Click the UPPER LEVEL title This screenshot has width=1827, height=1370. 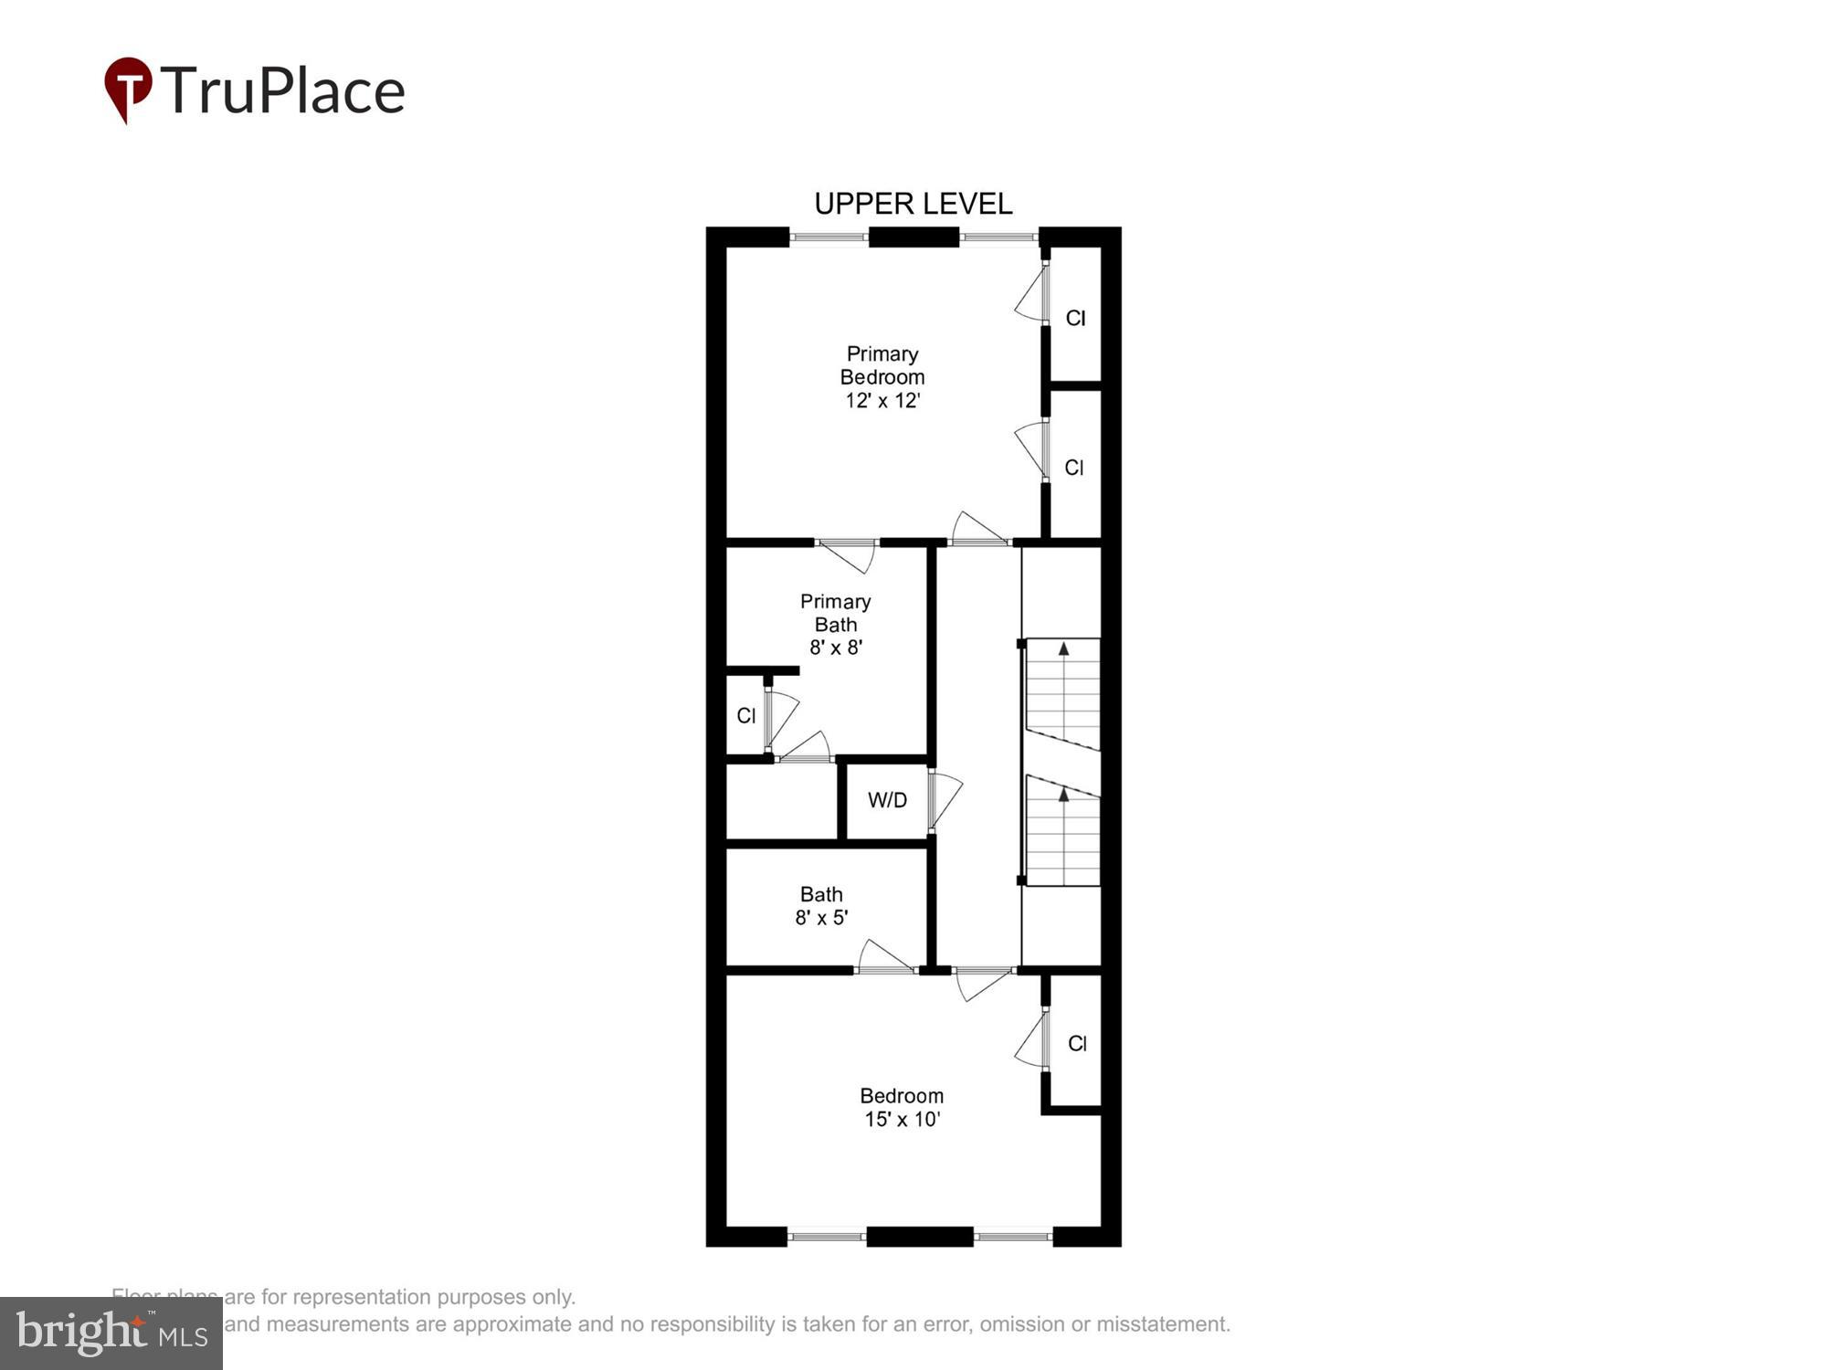click(913, 204)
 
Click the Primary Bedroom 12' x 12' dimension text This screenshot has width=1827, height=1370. click(882, 400)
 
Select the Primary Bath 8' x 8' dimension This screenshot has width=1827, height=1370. click(835, 648)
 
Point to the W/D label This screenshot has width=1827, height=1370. click(887, 800)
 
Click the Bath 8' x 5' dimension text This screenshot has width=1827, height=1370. click(821, 918)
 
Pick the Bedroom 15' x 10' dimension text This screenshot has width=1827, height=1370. click(902, 1119)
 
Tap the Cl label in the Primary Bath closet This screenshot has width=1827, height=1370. click(746, 716)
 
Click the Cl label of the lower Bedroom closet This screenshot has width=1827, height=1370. click(1077, 1043)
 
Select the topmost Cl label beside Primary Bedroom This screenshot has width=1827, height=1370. click(1075, 318)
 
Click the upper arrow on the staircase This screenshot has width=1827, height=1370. click(1063, 648)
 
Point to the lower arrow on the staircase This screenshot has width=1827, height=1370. click(1063, 795)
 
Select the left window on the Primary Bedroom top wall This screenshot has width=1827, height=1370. click(829, 237)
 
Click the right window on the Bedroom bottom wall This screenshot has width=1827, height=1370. click(1012, 1237)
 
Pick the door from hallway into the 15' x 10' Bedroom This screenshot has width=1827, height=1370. click(983, 983)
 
